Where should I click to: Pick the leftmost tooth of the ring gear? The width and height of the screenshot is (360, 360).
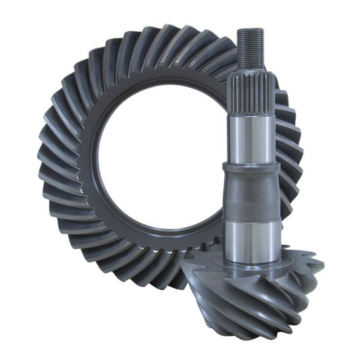(x=47, y=169)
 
